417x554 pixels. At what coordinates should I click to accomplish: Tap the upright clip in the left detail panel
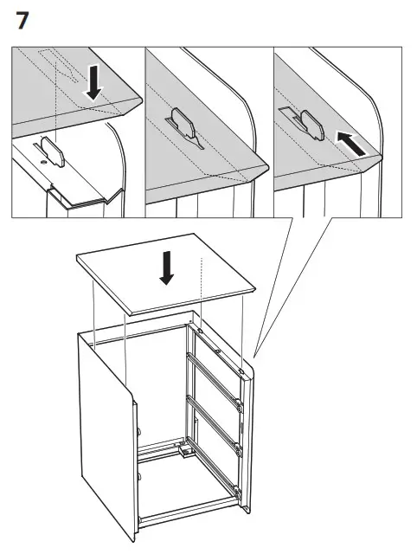point(54,154)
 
